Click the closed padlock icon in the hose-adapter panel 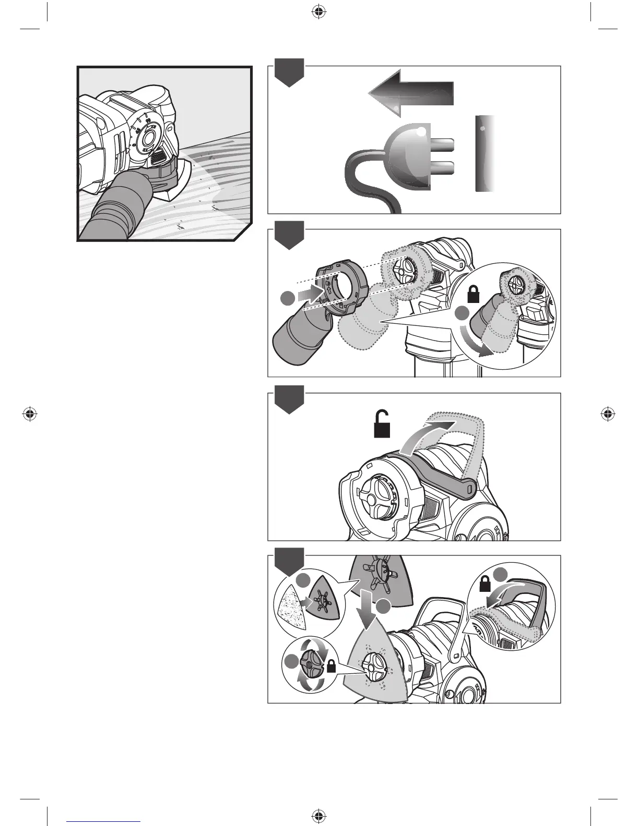(x=474, y=296)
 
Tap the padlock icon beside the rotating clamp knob (x=330, y=665)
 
